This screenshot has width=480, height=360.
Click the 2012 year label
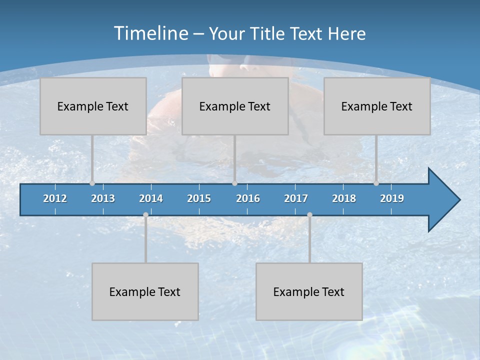[55, 198]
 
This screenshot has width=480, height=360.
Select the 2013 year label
[103, 198]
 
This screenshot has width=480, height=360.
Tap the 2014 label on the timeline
[151, 198]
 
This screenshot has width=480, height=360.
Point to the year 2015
[199, 198]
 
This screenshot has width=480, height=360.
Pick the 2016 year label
[248, 198]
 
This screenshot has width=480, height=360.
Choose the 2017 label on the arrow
[296, 198]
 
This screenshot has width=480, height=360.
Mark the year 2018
[344, 198]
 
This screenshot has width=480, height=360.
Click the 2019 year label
[392, 198]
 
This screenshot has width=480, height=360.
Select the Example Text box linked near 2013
[93, 106]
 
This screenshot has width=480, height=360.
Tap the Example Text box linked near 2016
[235, 106]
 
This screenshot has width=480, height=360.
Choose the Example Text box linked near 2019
[377, 106]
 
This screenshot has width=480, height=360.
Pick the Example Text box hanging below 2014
[145, 291]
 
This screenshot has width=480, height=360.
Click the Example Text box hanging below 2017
[309, 291]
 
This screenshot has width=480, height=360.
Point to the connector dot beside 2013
[92, 183]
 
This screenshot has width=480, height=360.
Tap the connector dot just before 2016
[234, 183]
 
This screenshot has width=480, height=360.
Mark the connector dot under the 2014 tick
[145, 214]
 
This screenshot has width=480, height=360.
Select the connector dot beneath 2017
[309, 214]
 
